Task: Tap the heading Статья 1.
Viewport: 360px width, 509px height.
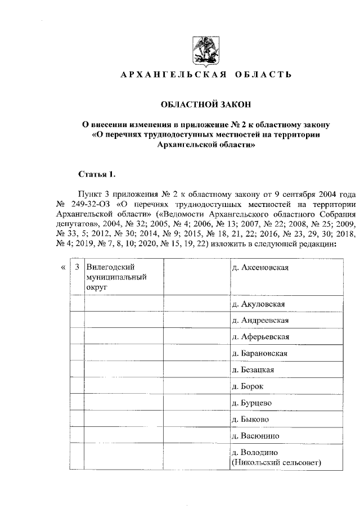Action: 96,174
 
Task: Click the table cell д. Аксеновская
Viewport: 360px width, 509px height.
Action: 260,267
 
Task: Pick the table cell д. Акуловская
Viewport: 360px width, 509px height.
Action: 259,304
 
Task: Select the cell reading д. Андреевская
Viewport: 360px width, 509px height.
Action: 260,321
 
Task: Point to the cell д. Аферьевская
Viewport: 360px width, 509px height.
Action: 260,337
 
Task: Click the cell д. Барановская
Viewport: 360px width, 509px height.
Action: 260,353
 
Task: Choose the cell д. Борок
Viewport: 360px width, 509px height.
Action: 247,386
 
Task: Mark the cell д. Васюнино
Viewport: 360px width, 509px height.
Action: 255,436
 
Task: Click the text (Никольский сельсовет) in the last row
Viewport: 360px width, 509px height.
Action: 276,462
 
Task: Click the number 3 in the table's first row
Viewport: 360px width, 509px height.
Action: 77,267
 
